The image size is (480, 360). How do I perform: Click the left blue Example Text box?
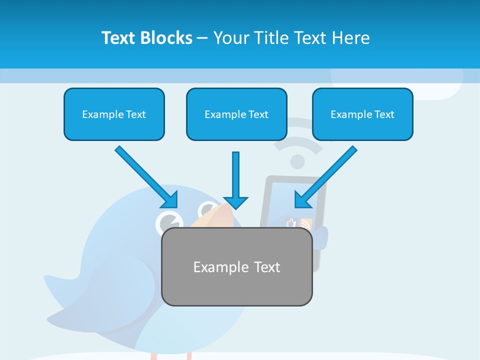pyautogui.click(x=114, y=114)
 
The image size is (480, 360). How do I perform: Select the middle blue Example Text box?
pyautogui.click(x=236, y=114)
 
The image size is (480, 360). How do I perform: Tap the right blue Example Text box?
pyautogui.click(x=362, y=114)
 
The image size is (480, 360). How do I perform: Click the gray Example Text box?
pyautogui.click(x=237, y=266)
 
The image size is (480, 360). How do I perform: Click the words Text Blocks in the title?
pyautogui.click(x=146, y=38)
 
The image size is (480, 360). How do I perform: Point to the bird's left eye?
pyautogui.click(x=169, y=221)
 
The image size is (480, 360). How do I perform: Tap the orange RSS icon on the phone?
pyautogui.click(x=305, y=224)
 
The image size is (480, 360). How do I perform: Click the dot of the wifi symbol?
pyautogui.click(x=297, y=161)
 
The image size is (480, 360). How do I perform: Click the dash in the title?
pyautogui.click(x=202, y=38)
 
